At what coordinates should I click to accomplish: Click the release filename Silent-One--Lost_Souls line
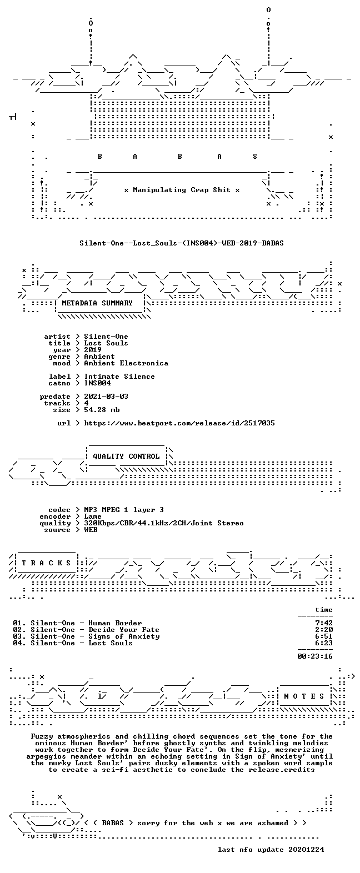181,243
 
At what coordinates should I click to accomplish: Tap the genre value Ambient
99,357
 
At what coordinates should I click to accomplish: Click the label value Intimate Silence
119,377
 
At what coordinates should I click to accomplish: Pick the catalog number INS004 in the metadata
98,383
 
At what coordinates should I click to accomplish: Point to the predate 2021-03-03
106,397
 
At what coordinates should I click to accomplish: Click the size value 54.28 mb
102,410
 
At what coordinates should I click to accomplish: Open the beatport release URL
179,423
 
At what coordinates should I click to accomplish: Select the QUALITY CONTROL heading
126,456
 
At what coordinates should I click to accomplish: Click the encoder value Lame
93,517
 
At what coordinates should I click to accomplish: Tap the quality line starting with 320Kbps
164,523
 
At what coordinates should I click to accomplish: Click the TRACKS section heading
46,563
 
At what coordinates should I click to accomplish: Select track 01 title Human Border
115,623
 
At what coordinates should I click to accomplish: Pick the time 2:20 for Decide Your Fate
324,630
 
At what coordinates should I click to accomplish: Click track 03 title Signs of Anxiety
124,636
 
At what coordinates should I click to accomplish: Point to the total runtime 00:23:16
315,656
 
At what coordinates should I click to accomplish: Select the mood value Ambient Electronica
126,363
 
